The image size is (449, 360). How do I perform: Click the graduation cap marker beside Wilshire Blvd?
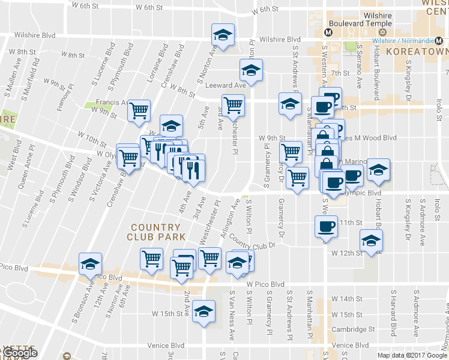click(223, 35)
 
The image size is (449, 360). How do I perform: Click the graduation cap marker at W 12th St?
click(371, 242)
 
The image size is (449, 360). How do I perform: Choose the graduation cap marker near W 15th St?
click(204, 311)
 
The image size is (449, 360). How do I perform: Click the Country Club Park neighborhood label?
click(155, 232)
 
